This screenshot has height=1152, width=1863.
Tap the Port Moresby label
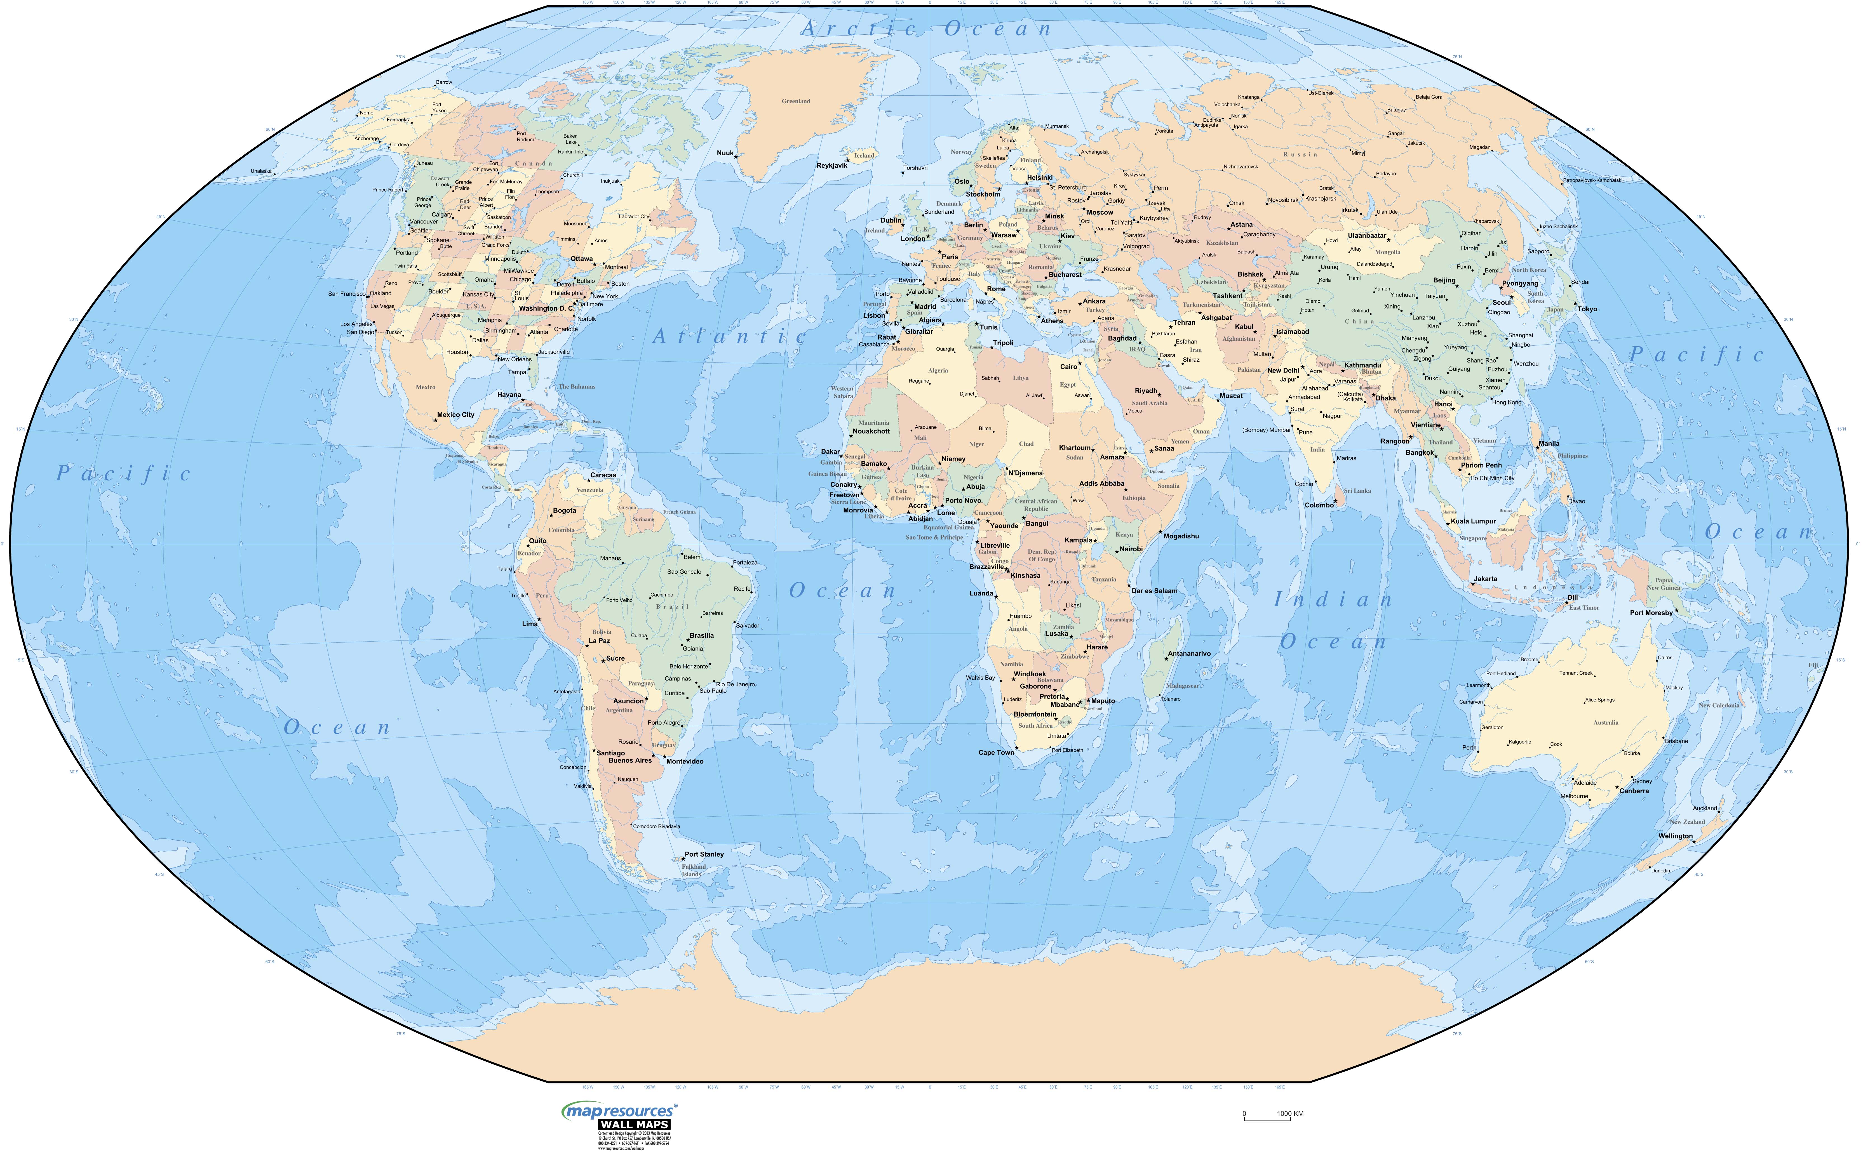coord(1651,612)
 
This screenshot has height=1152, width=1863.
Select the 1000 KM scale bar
coord(1272,1115)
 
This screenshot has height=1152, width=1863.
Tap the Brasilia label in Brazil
coord(701,635)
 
